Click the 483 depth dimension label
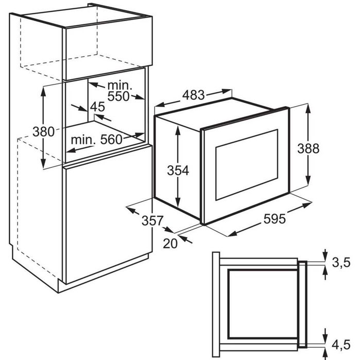pyautogui.click(x=194, y=95)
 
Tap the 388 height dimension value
pyautogui.click(x=308, y=148)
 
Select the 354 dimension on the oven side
pyautogui.click(x=178, y=170)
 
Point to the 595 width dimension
pyautogui.click(x=274, y=219)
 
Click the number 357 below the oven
pyautogui.click(x=152, y=220)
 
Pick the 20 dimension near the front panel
pyautogui.click(x=170, y=244)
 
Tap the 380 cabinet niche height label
pyautogui.click(x=44, y=132)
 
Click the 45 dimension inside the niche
pyautogui.click(x=98, y=107)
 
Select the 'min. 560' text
pyautogui.click(x=96, y=140)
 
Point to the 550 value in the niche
pyautogui.click(x=118, y=96)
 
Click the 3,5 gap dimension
pyautogui.click(x=341, y=263)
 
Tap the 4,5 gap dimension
pyautogui.click(x=341, y=345)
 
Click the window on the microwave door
pyautogui.click(x=247, y=164)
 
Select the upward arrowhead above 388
pyautogui.click(x=308, y=108)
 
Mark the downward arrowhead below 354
pyautogui.click(x=178, y=202)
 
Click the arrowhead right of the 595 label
pyautogui.click(x=307, y=205)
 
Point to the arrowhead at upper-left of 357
pyautogui.click(x=131, y=209)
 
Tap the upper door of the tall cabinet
pyautogui.click(x=108, y=48)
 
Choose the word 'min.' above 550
pyautogui.click(x=120, y=85)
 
